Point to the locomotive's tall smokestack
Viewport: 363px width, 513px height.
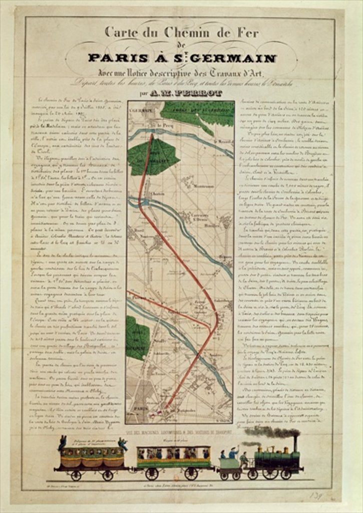click(x=295, y=444)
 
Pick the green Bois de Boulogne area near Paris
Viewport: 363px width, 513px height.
click(x=136, y=339)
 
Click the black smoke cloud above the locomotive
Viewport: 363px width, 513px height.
click(x=273, y=432)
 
